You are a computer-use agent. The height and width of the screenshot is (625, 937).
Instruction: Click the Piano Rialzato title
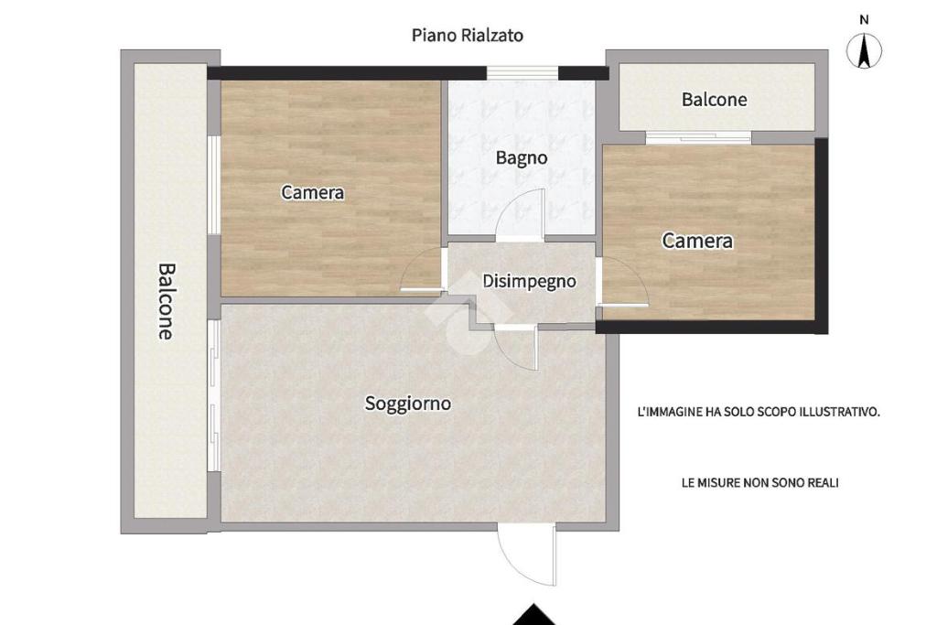[x=468, y=36]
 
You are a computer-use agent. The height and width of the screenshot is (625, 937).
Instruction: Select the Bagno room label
[x=521, y=158]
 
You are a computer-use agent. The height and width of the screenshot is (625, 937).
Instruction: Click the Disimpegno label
[x=529, y=281]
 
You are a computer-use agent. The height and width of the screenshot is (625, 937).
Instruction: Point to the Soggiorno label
[x=407, y=404]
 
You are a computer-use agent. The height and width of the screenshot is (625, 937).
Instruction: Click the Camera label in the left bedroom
[x=313, y=192]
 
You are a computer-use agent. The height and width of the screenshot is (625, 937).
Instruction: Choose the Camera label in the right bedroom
[x=696, y=241]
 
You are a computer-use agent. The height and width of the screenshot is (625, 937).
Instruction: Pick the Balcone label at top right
[x=714, y=99]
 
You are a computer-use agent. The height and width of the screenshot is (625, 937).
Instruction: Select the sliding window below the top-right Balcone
[x=698, y=137]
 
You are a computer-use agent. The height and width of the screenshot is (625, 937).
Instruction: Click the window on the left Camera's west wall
[x=214, y=185]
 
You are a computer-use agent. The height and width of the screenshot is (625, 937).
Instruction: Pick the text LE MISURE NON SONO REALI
[x=759, y=483]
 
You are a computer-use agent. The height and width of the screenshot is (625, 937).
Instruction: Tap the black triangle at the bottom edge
[x=533, y=618]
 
